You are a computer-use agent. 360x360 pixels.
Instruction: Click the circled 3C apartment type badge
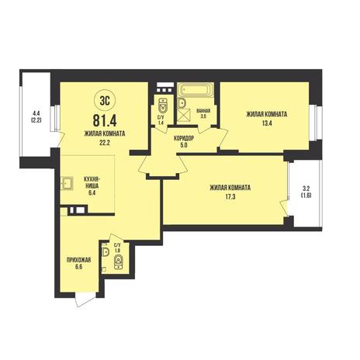[105, 101]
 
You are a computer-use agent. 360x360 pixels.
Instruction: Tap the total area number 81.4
[105, 120]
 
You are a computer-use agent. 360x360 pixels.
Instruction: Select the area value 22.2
[105, 143]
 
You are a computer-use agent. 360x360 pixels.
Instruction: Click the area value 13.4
[267, 123]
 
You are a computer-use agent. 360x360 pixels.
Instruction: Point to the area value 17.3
[230, 197]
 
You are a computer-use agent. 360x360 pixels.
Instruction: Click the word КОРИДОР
[184, 139]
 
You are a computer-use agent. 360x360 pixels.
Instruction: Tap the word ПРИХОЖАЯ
[78, 260]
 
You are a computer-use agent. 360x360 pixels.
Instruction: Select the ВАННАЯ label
[203, 111]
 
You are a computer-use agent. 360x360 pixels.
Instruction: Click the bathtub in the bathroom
[196, 90]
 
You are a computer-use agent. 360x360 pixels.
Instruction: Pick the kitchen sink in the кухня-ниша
[67, 183]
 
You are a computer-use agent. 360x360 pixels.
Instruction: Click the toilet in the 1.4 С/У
[163, 105]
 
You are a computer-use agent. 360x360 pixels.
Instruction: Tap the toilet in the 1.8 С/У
[119, 261]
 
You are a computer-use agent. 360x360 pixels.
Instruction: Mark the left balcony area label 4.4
[36, 113]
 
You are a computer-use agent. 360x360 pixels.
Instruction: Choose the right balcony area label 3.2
[306, 189]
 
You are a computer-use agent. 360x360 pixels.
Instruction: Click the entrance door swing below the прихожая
[85, 299]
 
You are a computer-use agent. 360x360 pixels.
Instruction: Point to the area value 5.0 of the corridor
[184, 145]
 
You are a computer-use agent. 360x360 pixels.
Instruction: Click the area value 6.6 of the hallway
[78, 267]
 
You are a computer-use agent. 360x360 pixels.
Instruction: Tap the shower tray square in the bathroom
[184, 115]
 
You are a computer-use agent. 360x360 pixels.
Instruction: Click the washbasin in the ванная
[182, 102]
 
